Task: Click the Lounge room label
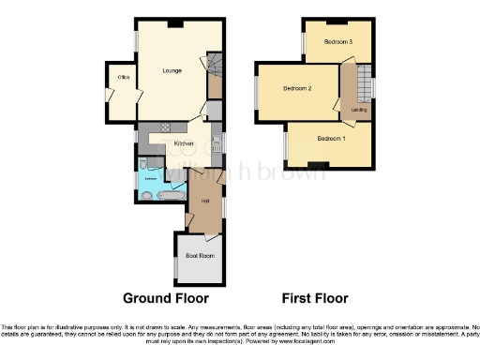point(172,70)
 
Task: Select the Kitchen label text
point(183,142)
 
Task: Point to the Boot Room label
point(200,255)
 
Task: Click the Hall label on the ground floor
point(203,201)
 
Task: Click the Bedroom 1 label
point(331,139)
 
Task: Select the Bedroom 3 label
point(338,42)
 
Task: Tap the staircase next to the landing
point(360,83)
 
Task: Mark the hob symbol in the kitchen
point(165,127)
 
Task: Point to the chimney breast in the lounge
point(174,23)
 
